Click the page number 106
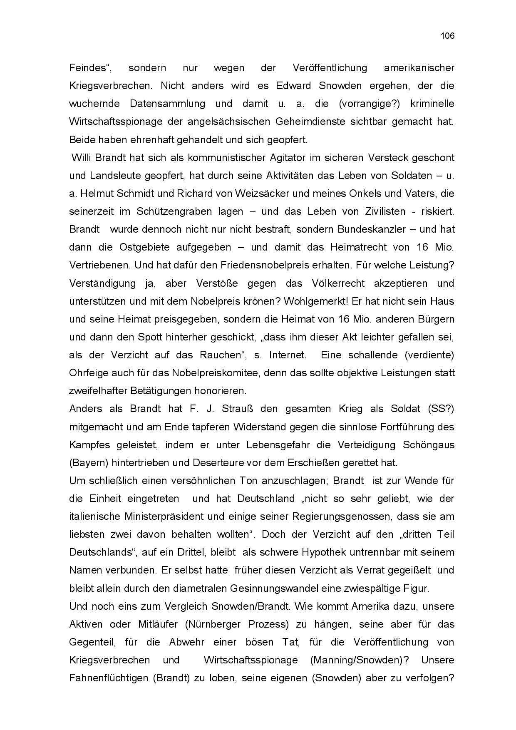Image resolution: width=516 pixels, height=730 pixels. (x=447, y=36)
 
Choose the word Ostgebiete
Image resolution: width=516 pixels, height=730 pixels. (x=144, y=247)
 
